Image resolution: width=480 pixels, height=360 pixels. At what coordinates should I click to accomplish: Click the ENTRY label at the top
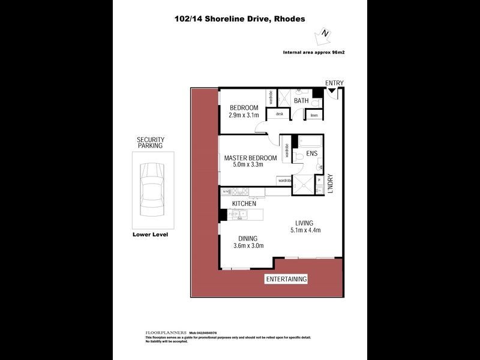coord(334,83)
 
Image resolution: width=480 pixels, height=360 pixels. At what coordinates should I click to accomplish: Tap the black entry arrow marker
coord(331,91)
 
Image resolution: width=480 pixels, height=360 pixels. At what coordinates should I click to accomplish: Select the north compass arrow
coord(325,35)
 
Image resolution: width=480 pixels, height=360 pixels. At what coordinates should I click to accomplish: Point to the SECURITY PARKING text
coord(151,143)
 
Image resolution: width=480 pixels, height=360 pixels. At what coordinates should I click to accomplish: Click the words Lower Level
coord(150,235)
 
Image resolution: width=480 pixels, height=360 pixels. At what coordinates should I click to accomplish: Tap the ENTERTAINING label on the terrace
coord(286,279)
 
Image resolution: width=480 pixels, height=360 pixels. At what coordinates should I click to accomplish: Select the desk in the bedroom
coord(279,113)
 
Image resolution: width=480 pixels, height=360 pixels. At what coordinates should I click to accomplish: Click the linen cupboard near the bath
coord(314,115)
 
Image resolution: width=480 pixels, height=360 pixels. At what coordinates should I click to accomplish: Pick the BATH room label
coord(301,101)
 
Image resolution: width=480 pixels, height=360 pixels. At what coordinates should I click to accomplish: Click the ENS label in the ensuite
coord(312,154)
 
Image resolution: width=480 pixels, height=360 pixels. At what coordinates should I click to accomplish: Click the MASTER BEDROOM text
coord(250,158)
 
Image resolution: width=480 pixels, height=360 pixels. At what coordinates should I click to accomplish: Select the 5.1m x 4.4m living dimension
coord(305,230)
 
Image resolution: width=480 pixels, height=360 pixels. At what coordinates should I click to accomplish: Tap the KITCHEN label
coord(244,204)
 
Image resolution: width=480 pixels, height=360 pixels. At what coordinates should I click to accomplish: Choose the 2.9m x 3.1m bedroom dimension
coord(244,115)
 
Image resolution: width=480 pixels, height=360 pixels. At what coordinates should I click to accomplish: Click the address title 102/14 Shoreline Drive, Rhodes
coord(239,19)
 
